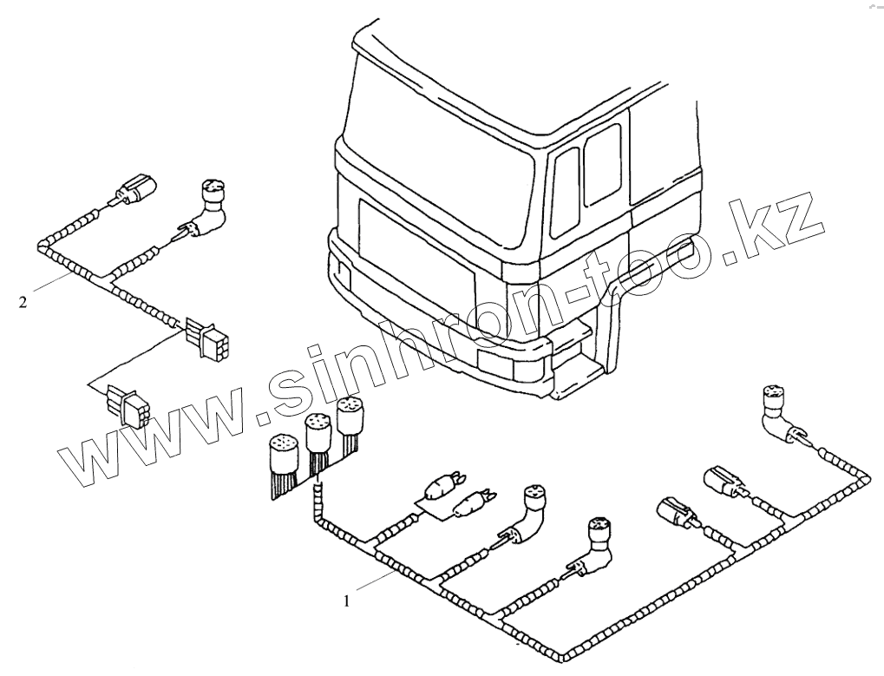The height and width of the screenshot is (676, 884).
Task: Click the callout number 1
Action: coord(348,600)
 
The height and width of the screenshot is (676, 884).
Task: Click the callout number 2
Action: coord(23,302)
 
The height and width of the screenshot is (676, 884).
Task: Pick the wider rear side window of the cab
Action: coord(602,162)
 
